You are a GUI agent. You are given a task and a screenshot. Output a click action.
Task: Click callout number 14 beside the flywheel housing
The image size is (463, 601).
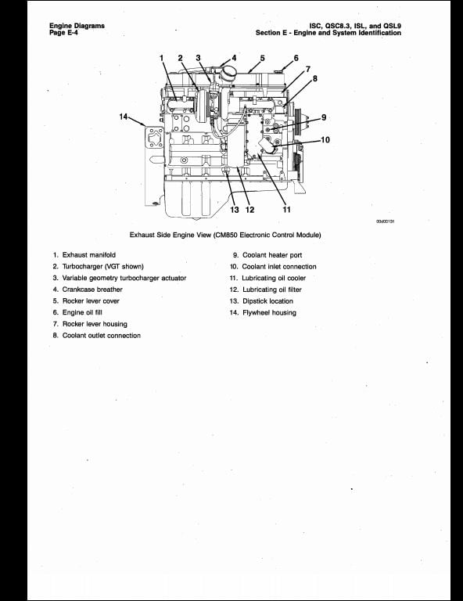pos(124,117)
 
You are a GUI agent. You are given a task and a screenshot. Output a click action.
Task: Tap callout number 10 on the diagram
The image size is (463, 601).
pos(325,140)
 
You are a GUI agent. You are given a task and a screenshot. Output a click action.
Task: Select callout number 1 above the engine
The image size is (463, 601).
pos(162,58)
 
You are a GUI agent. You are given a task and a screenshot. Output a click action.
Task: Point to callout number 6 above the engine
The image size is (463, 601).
pos(296,58)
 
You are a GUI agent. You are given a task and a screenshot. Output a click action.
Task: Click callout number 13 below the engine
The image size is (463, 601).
pos(235,210)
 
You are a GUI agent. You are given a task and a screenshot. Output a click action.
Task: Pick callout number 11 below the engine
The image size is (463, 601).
pos(286,210)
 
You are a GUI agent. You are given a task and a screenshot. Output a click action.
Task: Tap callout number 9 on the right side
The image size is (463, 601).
pos(324,117)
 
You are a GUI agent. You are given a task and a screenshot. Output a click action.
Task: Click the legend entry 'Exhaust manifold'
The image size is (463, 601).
pos(89,255)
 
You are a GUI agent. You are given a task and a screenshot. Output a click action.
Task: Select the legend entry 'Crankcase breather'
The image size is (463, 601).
pos(92,290)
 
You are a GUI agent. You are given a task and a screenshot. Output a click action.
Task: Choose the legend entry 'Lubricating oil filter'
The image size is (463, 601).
pos(272,290)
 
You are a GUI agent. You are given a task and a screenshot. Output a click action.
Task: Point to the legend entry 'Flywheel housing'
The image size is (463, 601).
pos(269,313)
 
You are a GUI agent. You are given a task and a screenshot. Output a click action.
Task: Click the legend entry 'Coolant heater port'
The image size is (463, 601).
pos(272,255)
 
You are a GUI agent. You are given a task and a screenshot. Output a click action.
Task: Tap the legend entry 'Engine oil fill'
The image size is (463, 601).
pos(82,312)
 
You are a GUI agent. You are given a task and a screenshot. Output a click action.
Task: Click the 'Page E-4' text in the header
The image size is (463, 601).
pos(63,33)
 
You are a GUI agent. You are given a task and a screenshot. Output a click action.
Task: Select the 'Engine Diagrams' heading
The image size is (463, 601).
pos(77,26)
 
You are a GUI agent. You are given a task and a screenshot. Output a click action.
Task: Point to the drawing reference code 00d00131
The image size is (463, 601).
pos(386,221)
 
